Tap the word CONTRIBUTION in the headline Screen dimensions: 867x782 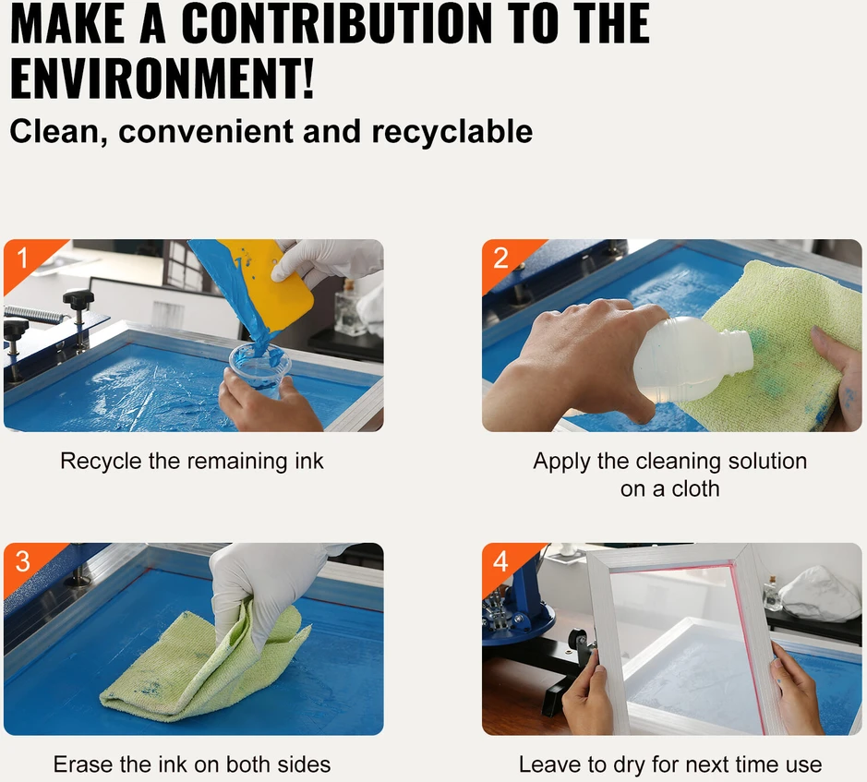click(x=336, y=23)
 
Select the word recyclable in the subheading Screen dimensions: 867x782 click(x=452, y=132)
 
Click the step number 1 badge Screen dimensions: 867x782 click(x=23, y=258)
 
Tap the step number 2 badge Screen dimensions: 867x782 click(x=500, y=259)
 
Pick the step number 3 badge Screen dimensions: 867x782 click(x=23, y=562)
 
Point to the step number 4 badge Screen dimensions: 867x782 click(x=500, y=562)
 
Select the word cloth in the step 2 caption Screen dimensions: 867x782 click(x=695, y=489)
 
